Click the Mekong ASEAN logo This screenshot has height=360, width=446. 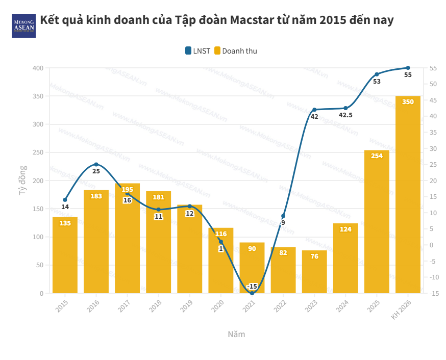tap(23, 25)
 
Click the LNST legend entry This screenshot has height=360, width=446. tap(197, 50)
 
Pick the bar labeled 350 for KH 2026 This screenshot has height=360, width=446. tap(408, 194)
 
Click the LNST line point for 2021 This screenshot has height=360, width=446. tap(252, 293)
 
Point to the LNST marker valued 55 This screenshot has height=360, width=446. tap(408, 68)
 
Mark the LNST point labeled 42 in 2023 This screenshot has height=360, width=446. tap(314, 110)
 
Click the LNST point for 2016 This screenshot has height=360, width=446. tap(96, 164)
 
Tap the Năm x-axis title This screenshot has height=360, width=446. tap(236, 335)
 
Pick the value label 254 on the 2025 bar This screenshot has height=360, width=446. tap(377, 156)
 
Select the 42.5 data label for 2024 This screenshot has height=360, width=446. tap(346, 115)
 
